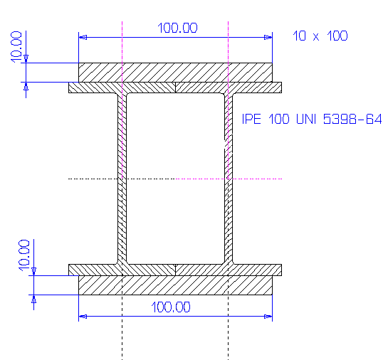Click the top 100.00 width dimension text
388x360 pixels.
(177, 28)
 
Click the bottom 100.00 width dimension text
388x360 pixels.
(171, 307)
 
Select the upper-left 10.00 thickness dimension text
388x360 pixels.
(16, 47)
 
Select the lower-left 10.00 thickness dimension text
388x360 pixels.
(24, 255)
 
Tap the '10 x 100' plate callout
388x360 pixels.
(320, 36)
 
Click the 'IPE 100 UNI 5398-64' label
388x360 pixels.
(312, 119)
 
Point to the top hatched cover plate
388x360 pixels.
(175, 73)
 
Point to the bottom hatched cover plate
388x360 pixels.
(175, 285)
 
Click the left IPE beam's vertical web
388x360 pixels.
(122, 179)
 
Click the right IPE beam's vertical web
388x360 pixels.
(229, 179)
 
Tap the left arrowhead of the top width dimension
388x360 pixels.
(83, 37)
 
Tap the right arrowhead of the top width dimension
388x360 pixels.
(268, 37)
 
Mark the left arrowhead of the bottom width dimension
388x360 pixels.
(83, 316)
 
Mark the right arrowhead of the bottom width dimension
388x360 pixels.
(268, 316)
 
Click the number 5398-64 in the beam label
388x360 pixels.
(352, 119)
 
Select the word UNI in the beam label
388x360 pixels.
(306, 119)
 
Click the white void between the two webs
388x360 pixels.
(175, 179)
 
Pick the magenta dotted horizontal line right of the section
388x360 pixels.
(229, 179)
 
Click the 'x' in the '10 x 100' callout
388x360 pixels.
(316, 37)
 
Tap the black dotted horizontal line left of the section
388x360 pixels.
(122, 179)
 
